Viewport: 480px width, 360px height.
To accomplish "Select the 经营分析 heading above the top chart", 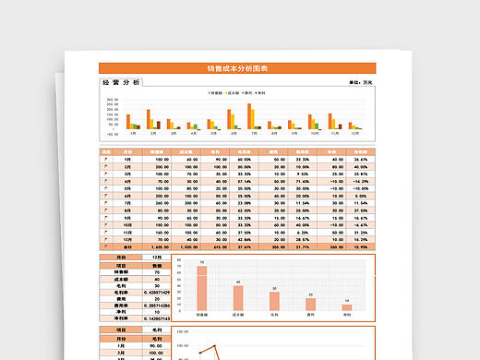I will click(120, 83).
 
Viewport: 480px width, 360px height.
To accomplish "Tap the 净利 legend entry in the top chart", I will click(260, 93).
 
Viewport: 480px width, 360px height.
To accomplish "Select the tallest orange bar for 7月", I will click(249, 115).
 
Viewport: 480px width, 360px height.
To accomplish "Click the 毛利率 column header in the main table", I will click(245, 151).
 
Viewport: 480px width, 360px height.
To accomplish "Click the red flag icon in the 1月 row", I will click(106, 160).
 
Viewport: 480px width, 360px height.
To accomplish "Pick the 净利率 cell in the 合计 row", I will click(360, 246).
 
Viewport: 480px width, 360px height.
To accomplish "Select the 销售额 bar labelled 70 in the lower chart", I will click(201, 289).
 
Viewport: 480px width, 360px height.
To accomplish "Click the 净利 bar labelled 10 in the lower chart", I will click(347, 307).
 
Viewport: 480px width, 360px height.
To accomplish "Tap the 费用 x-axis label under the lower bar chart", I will click(311, 315).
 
